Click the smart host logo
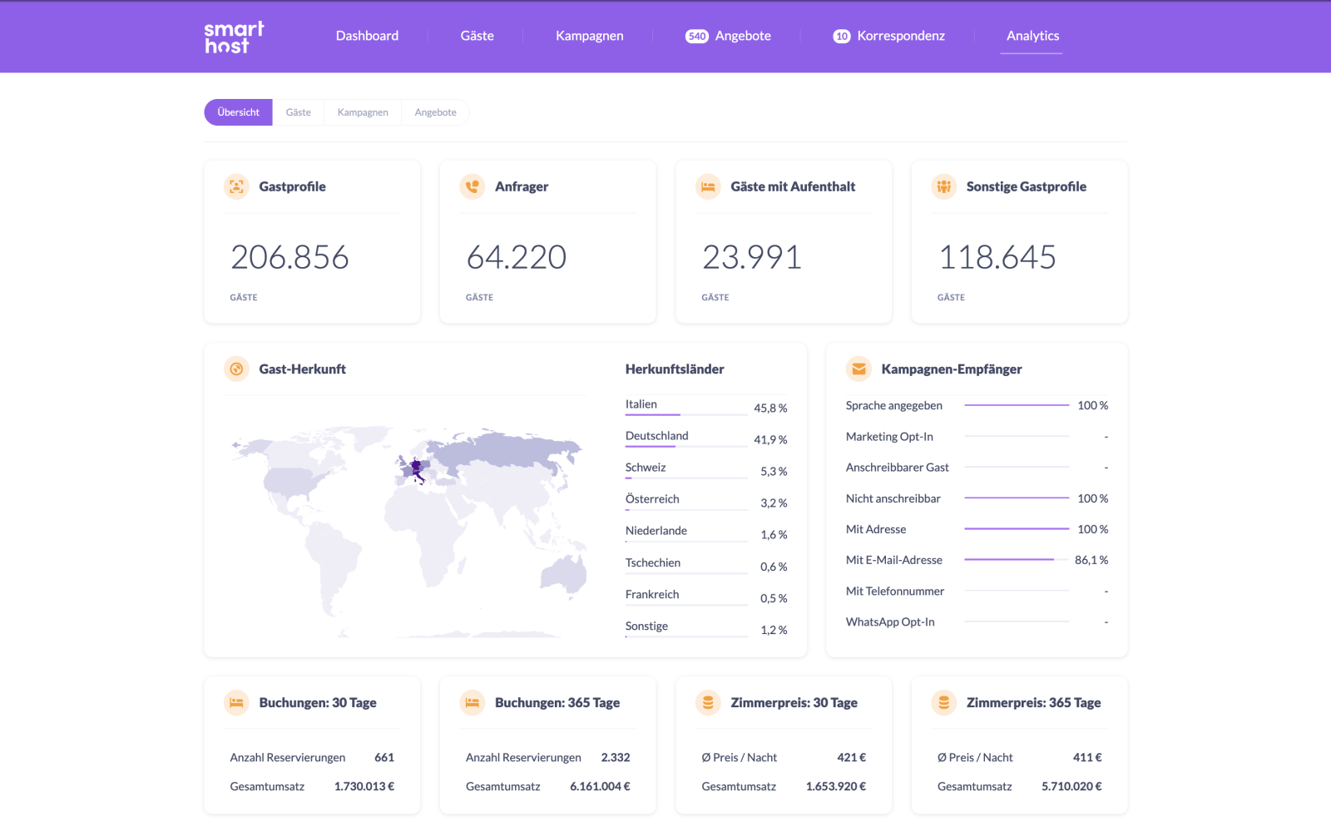click(x=234, y=37)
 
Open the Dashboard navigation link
click(x=367, y=36)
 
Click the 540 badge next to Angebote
click(x=696, y=37)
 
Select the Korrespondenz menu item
click(x=901, y=36)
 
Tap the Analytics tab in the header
click(x=1032, y=36)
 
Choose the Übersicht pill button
click(x=238, y=112)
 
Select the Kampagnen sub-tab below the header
click(x=363, y=112)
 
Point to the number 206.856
click(x=289, y=257)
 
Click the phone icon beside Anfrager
click(x=473, y=186)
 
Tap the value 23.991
click(x=752, y=257)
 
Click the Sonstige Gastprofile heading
click(x=1027, y=186)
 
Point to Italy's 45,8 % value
click(x=770, y=409)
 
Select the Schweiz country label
click(x=646, y=467)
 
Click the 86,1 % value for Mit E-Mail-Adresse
click(x=1091, y=560)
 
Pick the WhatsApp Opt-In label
click(x=890, y=622)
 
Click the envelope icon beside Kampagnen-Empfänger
click(x=858, y=369)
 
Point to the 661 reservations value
click(x=383, y=757)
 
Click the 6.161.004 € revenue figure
click(x=600, y=786)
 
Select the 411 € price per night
click(x=1086, y=757)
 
